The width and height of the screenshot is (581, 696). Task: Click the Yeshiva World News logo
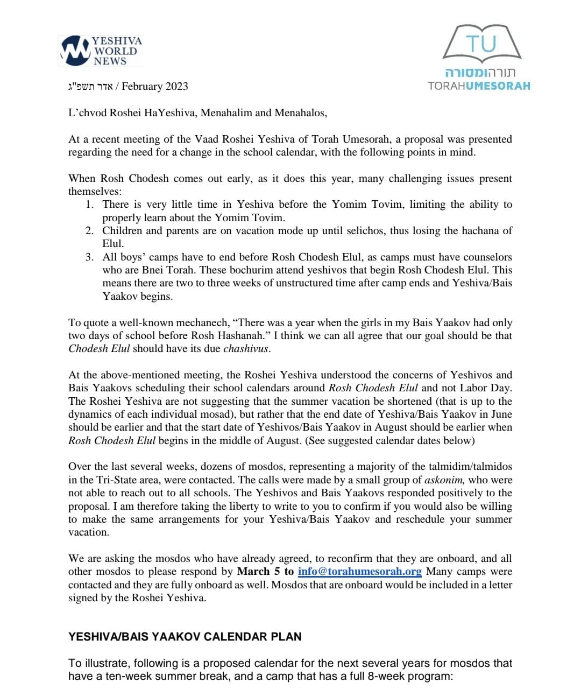coord(101,51)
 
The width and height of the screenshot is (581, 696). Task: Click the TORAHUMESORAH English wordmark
coord(479,86)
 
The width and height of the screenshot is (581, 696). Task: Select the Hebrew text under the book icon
coord(480,73)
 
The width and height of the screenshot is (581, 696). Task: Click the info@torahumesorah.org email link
coord(359,572)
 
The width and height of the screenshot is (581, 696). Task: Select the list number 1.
coord(90,205)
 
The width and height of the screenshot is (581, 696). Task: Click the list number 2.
coord(90,231)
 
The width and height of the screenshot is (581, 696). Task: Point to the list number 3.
coord(90,257)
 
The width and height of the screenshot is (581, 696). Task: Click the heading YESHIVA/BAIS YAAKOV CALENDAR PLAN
coord(185,637)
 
